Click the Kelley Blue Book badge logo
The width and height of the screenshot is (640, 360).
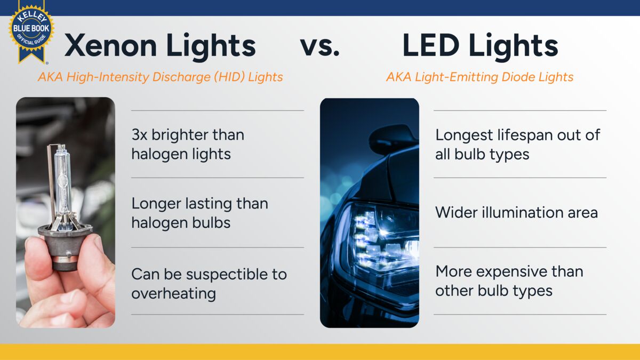pos(31,31)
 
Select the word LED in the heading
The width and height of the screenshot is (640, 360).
pos(431,45)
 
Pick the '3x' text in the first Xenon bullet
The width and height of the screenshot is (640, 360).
pos(139,135)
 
